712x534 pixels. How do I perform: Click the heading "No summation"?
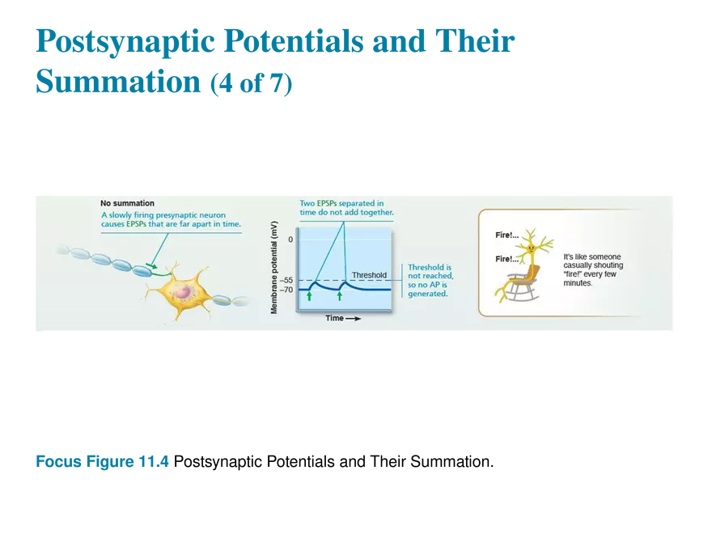[x=127, y=203]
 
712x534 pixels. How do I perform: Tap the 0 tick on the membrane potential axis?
[x=290, y=240]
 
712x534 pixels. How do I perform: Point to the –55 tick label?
[x=286, y=281]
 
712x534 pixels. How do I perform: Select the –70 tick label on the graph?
[x=286, y=289]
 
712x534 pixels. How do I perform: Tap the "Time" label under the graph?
[x=335, y=318]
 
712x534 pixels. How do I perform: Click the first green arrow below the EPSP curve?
[x=309, y=297]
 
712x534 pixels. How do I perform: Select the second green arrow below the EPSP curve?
[x=340, y=297]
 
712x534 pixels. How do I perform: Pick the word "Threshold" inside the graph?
[x=369, y=275]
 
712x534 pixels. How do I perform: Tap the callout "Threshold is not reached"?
[x=430, y=272]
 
